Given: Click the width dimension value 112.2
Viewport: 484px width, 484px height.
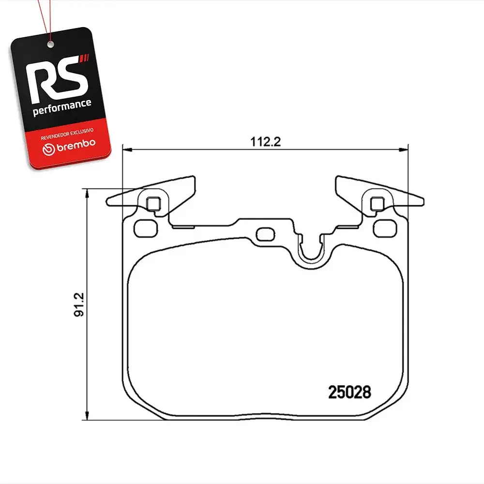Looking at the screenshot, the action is coord(265,142).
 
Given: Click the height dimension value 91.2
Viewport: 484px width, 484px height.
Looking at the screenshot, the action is coord(79,304).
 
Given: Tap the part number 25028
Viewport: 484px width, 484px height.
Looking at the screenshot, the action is coord(349,393).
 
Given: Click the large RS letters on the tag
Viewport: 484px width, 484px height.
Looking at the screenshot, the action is coord(57,79).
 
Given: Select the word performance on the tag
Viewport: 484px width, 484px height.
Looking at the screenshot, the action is coord(62,107).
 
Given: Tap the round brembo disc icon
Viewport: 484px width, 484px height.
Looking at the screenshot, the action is coord(48,150).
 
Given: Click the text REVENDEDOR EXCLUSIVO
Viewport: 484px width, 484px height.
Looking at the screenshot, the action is coord(67,134).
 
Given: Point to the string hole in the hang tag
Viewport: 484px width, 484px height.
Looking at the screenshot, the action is coord(50,45).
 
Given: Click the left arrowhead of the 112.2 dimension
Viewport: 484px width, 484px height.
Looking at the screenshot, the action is coord(127,150).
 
